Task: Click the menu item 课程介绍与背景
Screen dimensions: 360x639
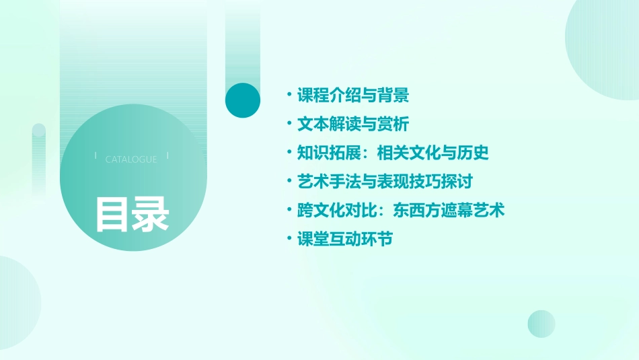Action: [352, 96]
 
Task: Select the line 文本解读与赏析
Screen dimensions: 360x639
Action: [352, 124]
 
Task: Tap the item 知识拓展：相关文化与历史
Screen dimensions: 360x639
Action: [393, 153]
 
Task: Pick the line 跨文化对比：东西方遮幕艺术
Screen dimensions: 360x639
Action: [401, 211]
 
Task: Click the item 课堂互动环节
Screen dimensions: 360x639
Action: [344, 240]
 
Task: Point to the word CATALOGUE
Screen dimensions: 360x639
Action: [131, 159]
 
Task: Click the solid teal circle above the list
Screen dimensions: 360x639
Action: [243, 100]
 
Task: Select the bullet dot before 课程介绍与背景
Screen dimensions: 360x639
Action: [289, 94]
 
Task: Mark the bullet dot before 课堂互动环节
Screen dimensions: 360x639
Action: [289, 238]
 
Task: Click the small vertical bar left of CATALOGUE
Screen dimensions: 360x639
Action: [96, 156]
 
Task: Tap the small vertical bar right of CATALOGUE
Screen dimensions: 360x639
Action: [167, 156]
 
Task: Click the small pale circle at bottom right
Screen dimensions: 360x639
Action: [541, 324]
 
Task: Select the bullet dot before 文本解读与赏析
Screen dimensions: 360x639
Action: [289, 123]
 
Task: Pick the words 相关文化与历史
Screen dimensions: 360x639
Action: [433, 153]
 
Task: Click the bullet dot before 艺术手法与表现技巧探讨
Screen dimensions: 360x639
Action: [289, 180]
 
